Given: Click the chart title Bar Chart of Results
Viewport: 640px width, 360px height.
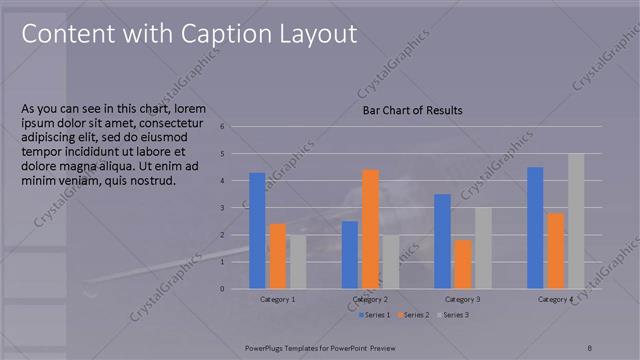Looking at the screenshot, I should coord(412,110).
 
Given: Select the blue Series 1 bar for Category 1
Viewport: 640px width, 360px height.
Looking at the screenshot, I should coord(257,230).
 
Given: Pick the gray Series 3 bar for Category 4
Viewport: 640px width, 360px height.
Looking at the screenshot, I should coord(575,221).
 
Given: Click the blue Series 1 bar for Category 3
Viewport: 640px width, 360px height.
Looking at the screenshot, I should coord(442,241).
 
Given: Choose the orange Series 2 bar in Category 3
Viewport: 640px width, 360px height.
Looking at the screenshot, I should coord(462,264).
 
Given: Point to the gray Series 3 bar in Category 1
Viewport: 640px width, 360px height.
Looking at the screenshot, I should coord(297,261).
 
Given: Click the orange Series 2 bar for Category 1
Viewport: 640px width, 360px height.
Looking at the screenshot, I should coord(278,256).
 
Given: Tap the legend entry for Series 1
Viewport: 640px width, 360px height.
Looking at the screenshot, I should coord(376,315).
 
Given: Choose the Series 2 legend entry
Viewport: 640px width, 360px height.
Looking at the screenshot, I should coord(415,315).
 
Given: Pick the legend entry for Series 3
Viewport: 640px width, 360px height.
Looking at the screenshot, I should coord(453,315).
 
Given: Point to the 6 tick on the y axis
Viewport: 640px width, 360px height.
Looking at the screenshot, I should coord(236,127).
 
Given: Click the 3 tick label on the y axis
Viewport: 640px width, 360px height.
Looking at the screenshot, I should coord(236,208).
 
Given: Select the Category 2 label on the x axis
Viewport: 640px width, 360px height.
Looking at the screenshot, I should coord(370,299).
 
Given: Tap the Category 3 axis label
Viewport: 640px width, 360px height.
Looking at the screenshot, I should coord(462,299).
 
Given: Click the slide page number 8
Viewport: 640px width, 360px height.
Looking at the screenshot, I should coord(589,346).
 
